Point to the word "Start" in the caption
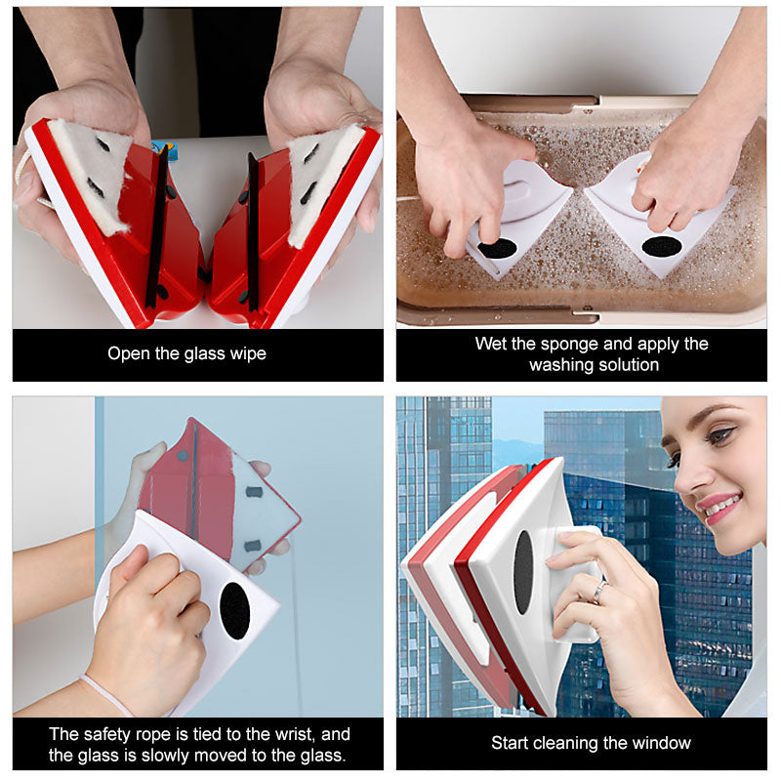point(509,743)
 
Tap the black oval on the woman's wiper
point(523,572)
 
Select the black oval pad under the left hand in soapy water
point(497,248)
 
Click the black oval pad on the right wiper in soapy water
point(662,247)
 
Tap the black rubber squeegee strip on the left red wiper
point(157,226)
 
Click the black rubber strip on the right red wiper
point(253,231)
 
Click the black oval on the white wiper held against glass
point(234,611)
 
